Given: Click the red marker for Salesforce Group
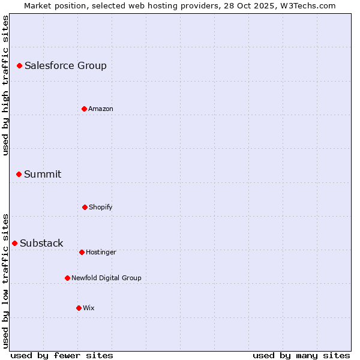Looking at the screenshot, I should pyautogui.click(x=19, y=65).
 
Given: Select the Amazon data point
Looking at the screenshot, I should pyautogui.click(x=84, y=109).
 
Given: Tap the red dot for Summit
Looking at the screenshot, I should pyautogui.click(x=19, y=174).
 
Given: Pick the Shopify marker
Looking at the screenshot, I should pyautogui.click(x=85, y=207).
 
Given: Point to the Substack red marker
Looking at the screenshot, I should pyautogui.click(x=14, y=243).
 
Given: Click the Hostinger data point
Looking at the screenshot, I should pyautogui.click(x=82, y=252).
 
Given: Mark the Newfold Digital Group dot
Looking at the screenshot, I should pyautogui.click(x=67, y=278).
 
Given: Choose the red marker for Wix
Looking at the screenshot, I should pyautogui.click(x=79, y=308).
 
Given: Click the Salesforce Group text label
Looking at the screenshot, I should pyautogui.click(x=65, y=65).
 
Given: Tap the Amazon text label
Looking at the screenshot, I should pyautogui.click(x=101, y=109).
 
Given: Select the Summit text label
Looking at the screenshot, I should pyautogui.click(x=43, y=174).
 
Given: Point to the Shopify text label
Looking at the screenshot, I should pyautogui.click(x=101, y=207).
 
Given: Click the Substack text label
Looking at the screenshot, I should pyautogui.click(x=41, y=243).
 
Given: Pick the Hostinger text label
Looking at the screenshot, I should pyautogui.click(x=101, y=252).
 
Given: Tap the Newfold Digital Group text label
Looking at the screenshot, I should pyautogui.click(x=106, y=278).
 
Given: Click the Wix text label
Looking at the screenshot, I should pyautogui.click(x=89, y=308).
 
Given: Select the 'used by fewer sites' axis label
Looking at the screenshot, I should pyautogui.click(x=62, y=355).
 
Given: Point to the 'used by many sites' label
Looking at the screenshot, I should pyautogui.click(x=301, y=355).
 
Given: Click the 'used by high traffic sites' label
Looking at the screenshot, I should pyautogui.click(x=5, y=85).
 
